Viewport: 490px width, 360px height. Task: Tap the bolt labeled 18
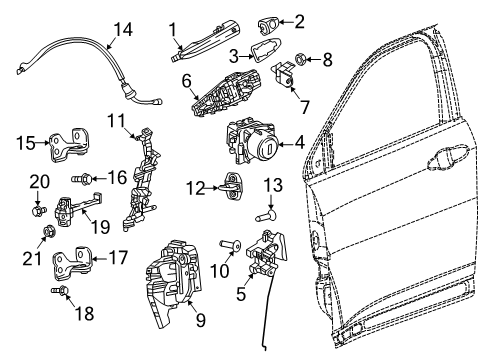[x=61, y=294]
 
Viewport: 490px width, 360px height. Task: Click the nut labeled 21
[x=46, y=236]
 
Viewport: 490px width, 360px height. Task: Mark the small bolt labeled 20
[x=36, y=211]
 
